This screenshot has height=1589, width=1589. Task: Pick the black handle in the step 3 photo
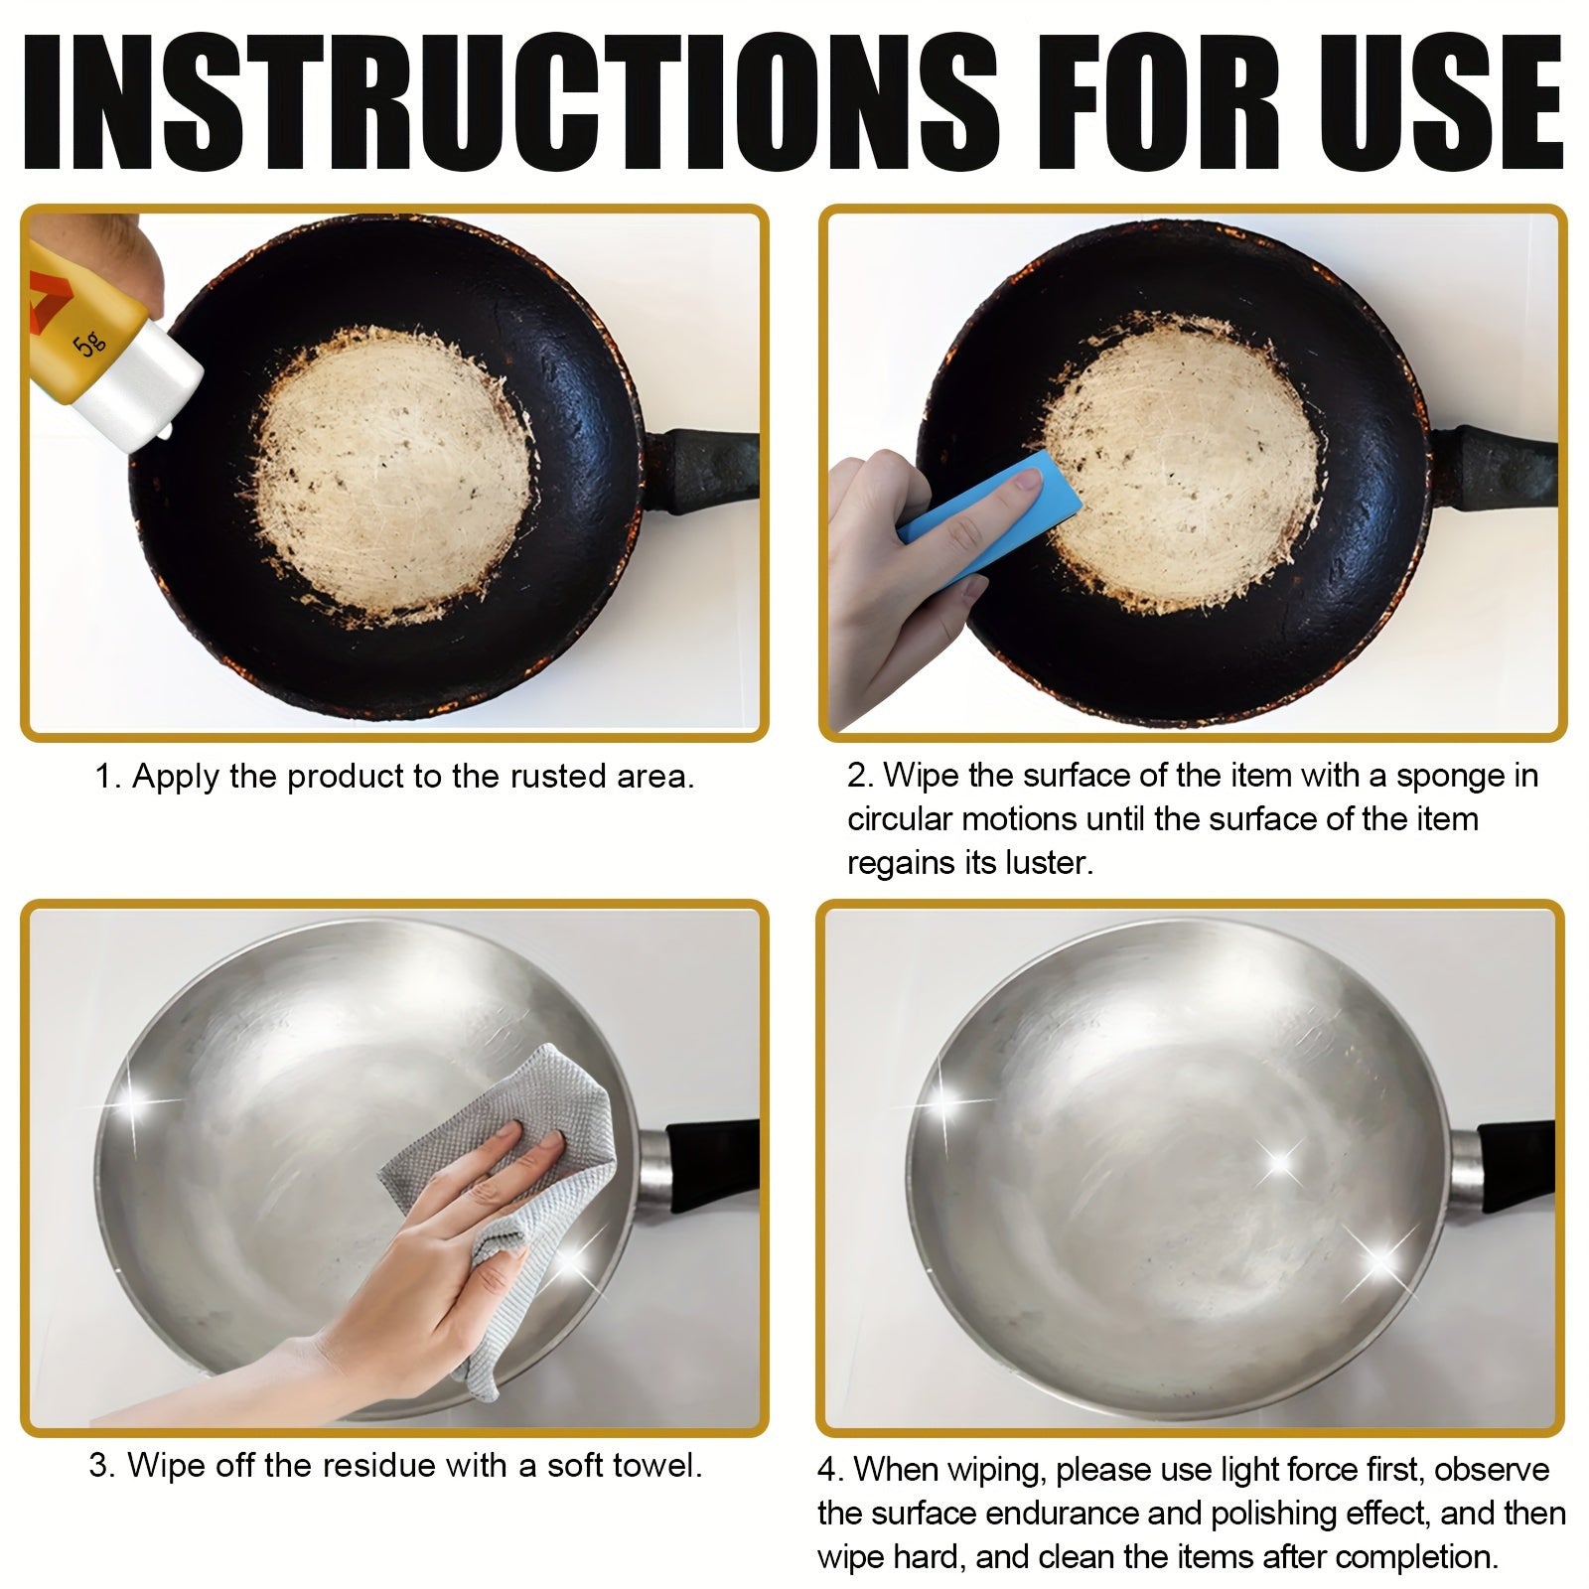coord(710,1158)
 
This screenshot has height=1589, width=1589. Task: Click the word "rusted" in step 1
coord(556,776)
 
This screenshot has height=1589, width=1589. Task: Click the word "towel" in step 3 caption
coord(654,1465)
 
